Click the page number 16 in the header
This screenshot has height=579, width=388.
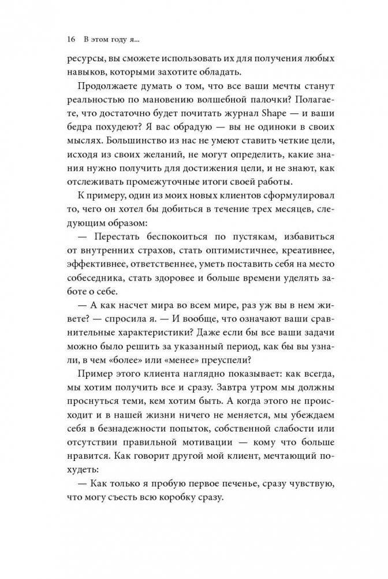tap(71, 40)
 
